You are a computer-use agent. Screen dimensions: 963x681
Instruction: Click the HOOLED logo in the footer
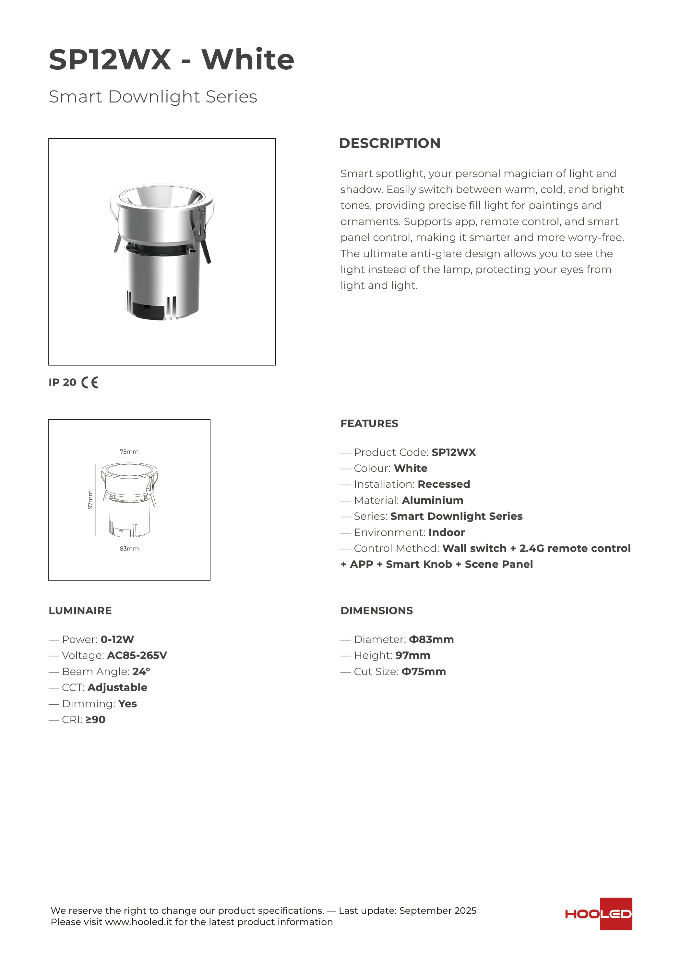coord(598,914)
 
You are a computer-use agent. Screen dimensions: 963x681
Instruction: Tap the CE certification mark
coord(90,383)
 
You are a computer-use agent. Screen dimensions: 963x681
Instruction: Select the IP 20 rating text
coord(62,383)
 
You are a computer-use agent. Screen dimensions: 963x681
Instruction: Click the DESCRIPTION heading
coord(389,143)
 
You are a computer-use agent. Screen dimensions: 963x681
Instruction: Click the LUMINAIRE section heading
coord(80,611)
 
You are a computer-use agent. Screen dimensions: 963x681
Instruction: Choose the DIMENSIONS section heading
coord(376,611)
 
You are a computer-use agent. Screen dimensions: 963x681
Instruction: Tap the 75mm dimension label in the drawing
coord(129,452)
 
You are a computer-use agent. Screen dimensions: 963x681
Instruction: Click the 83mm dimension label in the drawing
coord(129,549)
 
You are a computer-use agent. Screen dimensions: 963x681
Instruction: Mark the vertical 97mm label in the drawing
coord(90,500)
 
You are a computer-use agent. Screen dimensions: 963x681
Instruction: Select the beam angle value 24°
coord(141,672)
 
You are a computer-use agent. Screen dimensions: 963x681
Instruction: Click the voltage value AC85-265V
coord(137,656)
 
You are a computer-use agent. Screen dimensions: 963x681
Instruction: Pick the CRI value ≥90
coord(95,720)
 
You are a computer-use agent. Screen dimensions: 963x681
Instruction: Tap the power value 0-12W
coord(117,640)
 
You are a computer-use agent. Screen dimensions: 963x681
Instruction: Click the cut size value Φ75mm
coord(424,672)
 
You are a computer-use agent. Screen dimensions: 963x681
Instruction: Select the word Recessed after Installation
coord(444,484)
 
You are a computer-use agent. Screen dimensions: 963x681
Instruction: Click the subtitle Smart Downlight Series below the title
coord(153,97)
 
